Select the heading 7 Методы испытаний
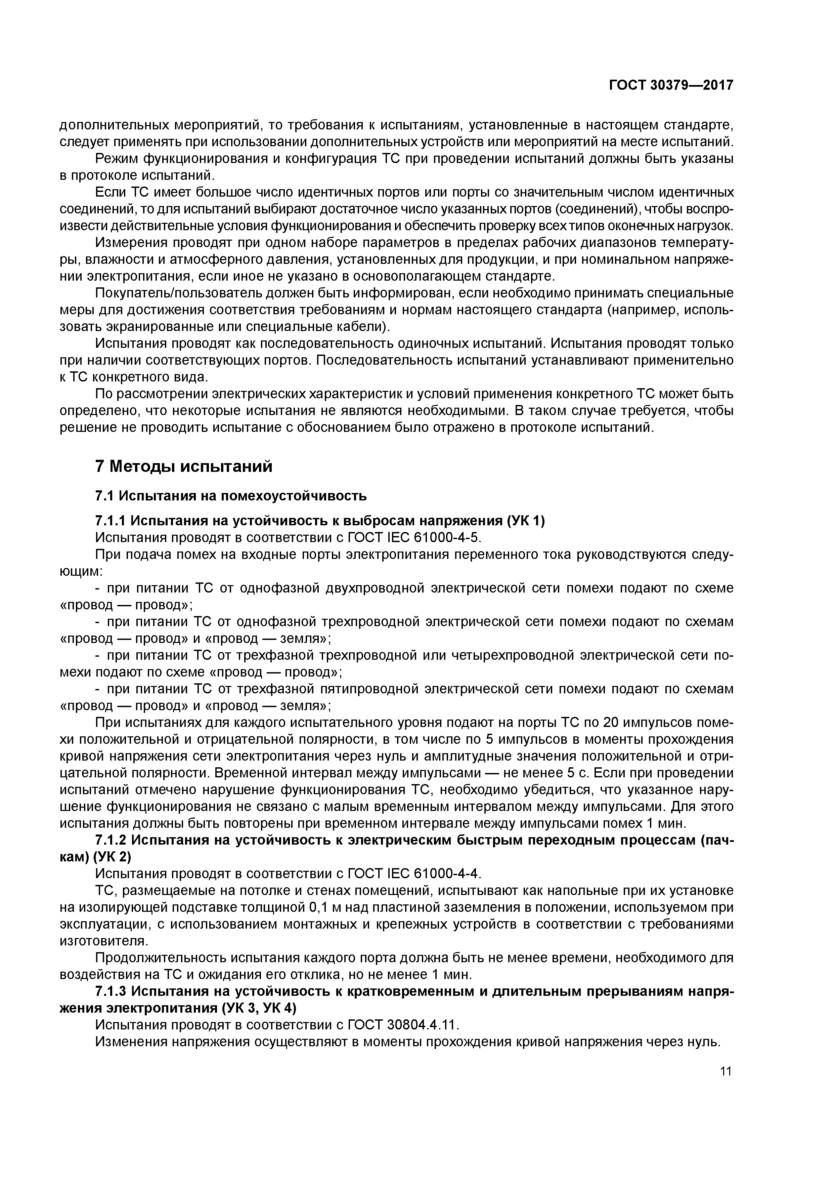pos(184,466)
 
